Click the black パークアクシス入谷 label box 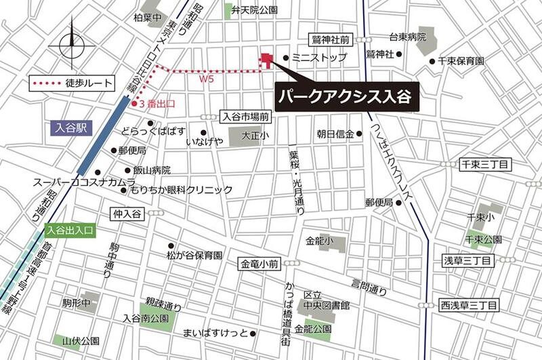point(348,96)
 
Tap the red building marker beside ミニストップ point(267,60)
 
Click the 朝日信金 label point(335,134)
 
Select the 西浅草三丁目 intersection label point(468,304)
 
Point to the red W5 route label point(207,79)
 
